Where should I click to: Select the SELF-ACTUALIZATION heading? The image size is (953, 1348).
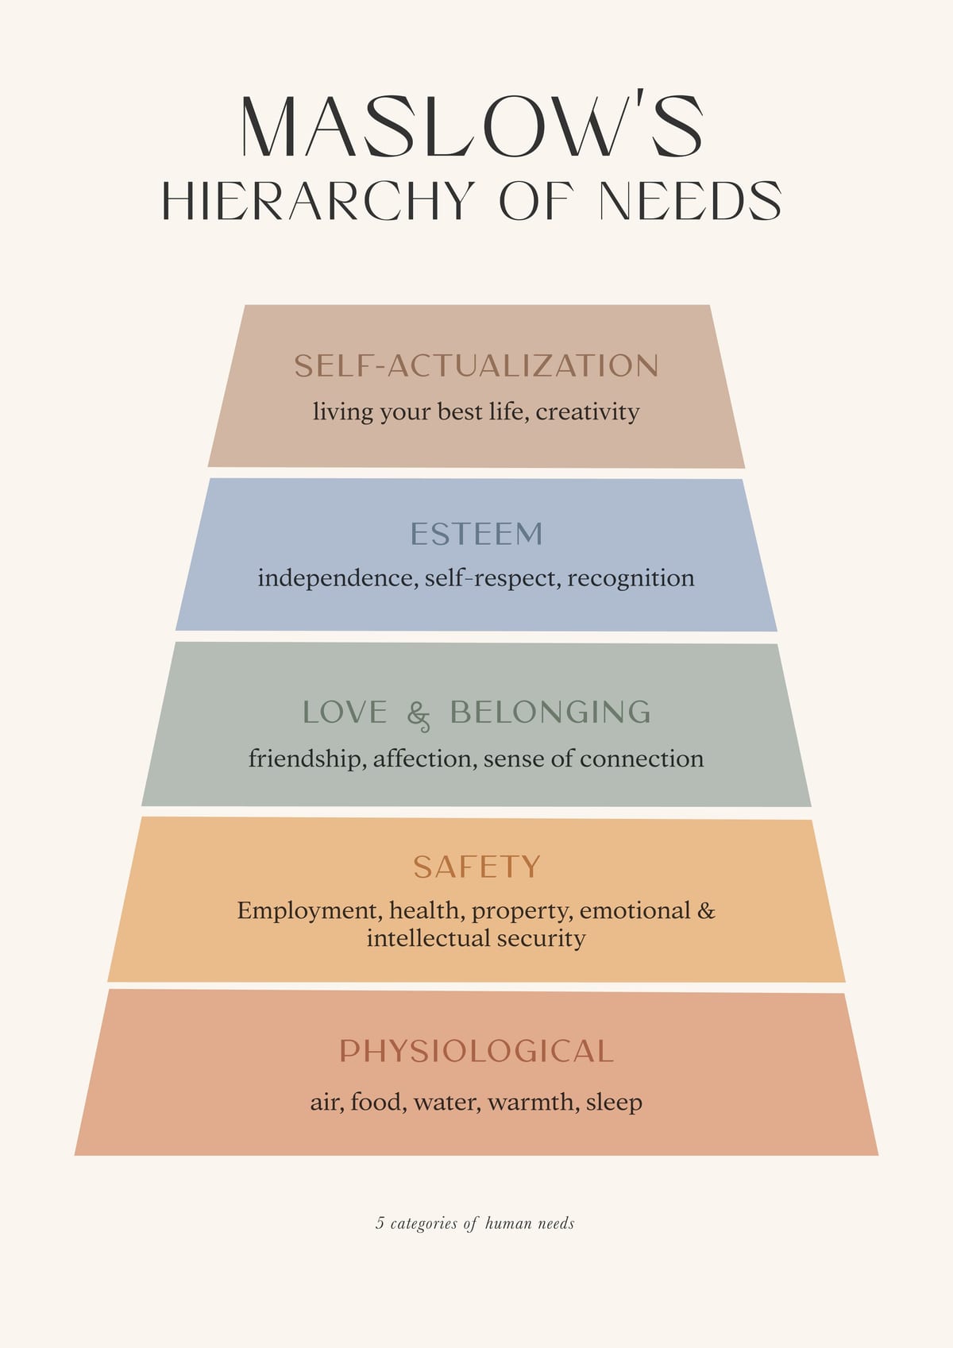pos(476,365)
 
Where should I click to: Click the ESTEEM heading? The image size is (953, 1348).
pos(476,534)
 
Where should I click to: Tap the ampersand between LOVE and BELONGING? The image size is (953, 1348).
pos(419,716)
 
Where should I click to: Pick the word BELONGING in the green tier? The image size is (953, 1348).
pos(550,712)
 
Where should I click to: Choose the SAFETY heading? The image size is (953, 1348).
pos(476,867)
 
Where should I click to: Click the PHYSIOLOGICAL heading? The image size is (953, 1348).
pos(476,1052)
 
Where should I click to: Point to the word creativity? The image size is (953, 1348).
pos(587,412)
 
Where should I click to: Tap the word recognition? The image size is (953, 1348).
pos(631,579)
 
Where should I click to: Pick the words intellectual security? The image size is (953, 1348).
pos(476,938)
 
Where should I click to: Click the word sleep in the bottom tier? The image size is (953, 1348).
pos(614,1103)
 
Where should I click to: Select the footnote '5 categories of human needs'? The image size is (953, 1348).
pos(475,1223)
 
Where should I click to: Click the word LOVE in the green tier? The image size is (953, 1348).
pos(345,712)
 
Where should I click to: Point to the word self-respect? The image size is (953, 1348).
pos(492,579)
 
